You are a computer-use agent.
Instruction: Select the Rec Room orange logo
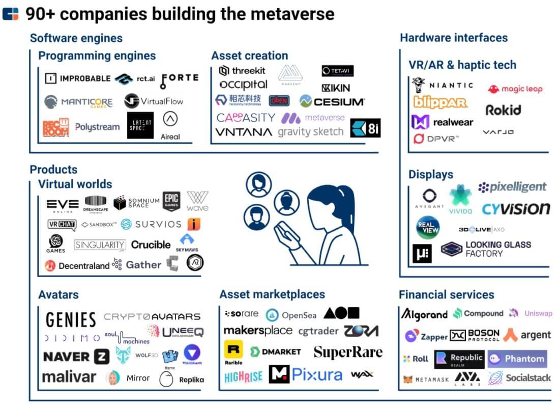click(55, 127)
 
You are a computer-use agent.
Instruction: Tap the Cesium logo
click(332, 101)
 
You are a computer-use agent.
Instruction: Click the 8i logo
click(366, 128)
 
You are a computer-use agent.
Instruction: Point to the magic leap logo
click(515, 89)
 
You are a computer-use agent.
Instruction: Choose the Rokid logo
click(503, 110)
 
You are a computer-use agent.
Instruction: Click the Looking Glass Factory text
click(498, 249)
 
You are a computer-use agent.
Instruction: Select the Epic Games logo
click(171, 201)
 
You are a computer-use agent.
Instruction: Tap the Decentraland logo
click(77, 265)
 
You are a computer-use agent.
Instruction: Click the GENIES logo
click(71, 320)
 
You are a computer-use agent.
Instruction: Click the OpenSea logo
click(291, 315)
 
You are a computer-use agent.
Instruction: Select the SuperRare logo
click(348, 352)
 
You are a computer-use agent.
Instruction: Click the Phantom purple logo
click(517, 359)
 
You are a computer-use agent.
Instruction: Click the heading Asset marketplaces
click(272, 294)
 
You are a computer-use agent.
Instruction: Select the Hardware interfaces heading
click(454, 38)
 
